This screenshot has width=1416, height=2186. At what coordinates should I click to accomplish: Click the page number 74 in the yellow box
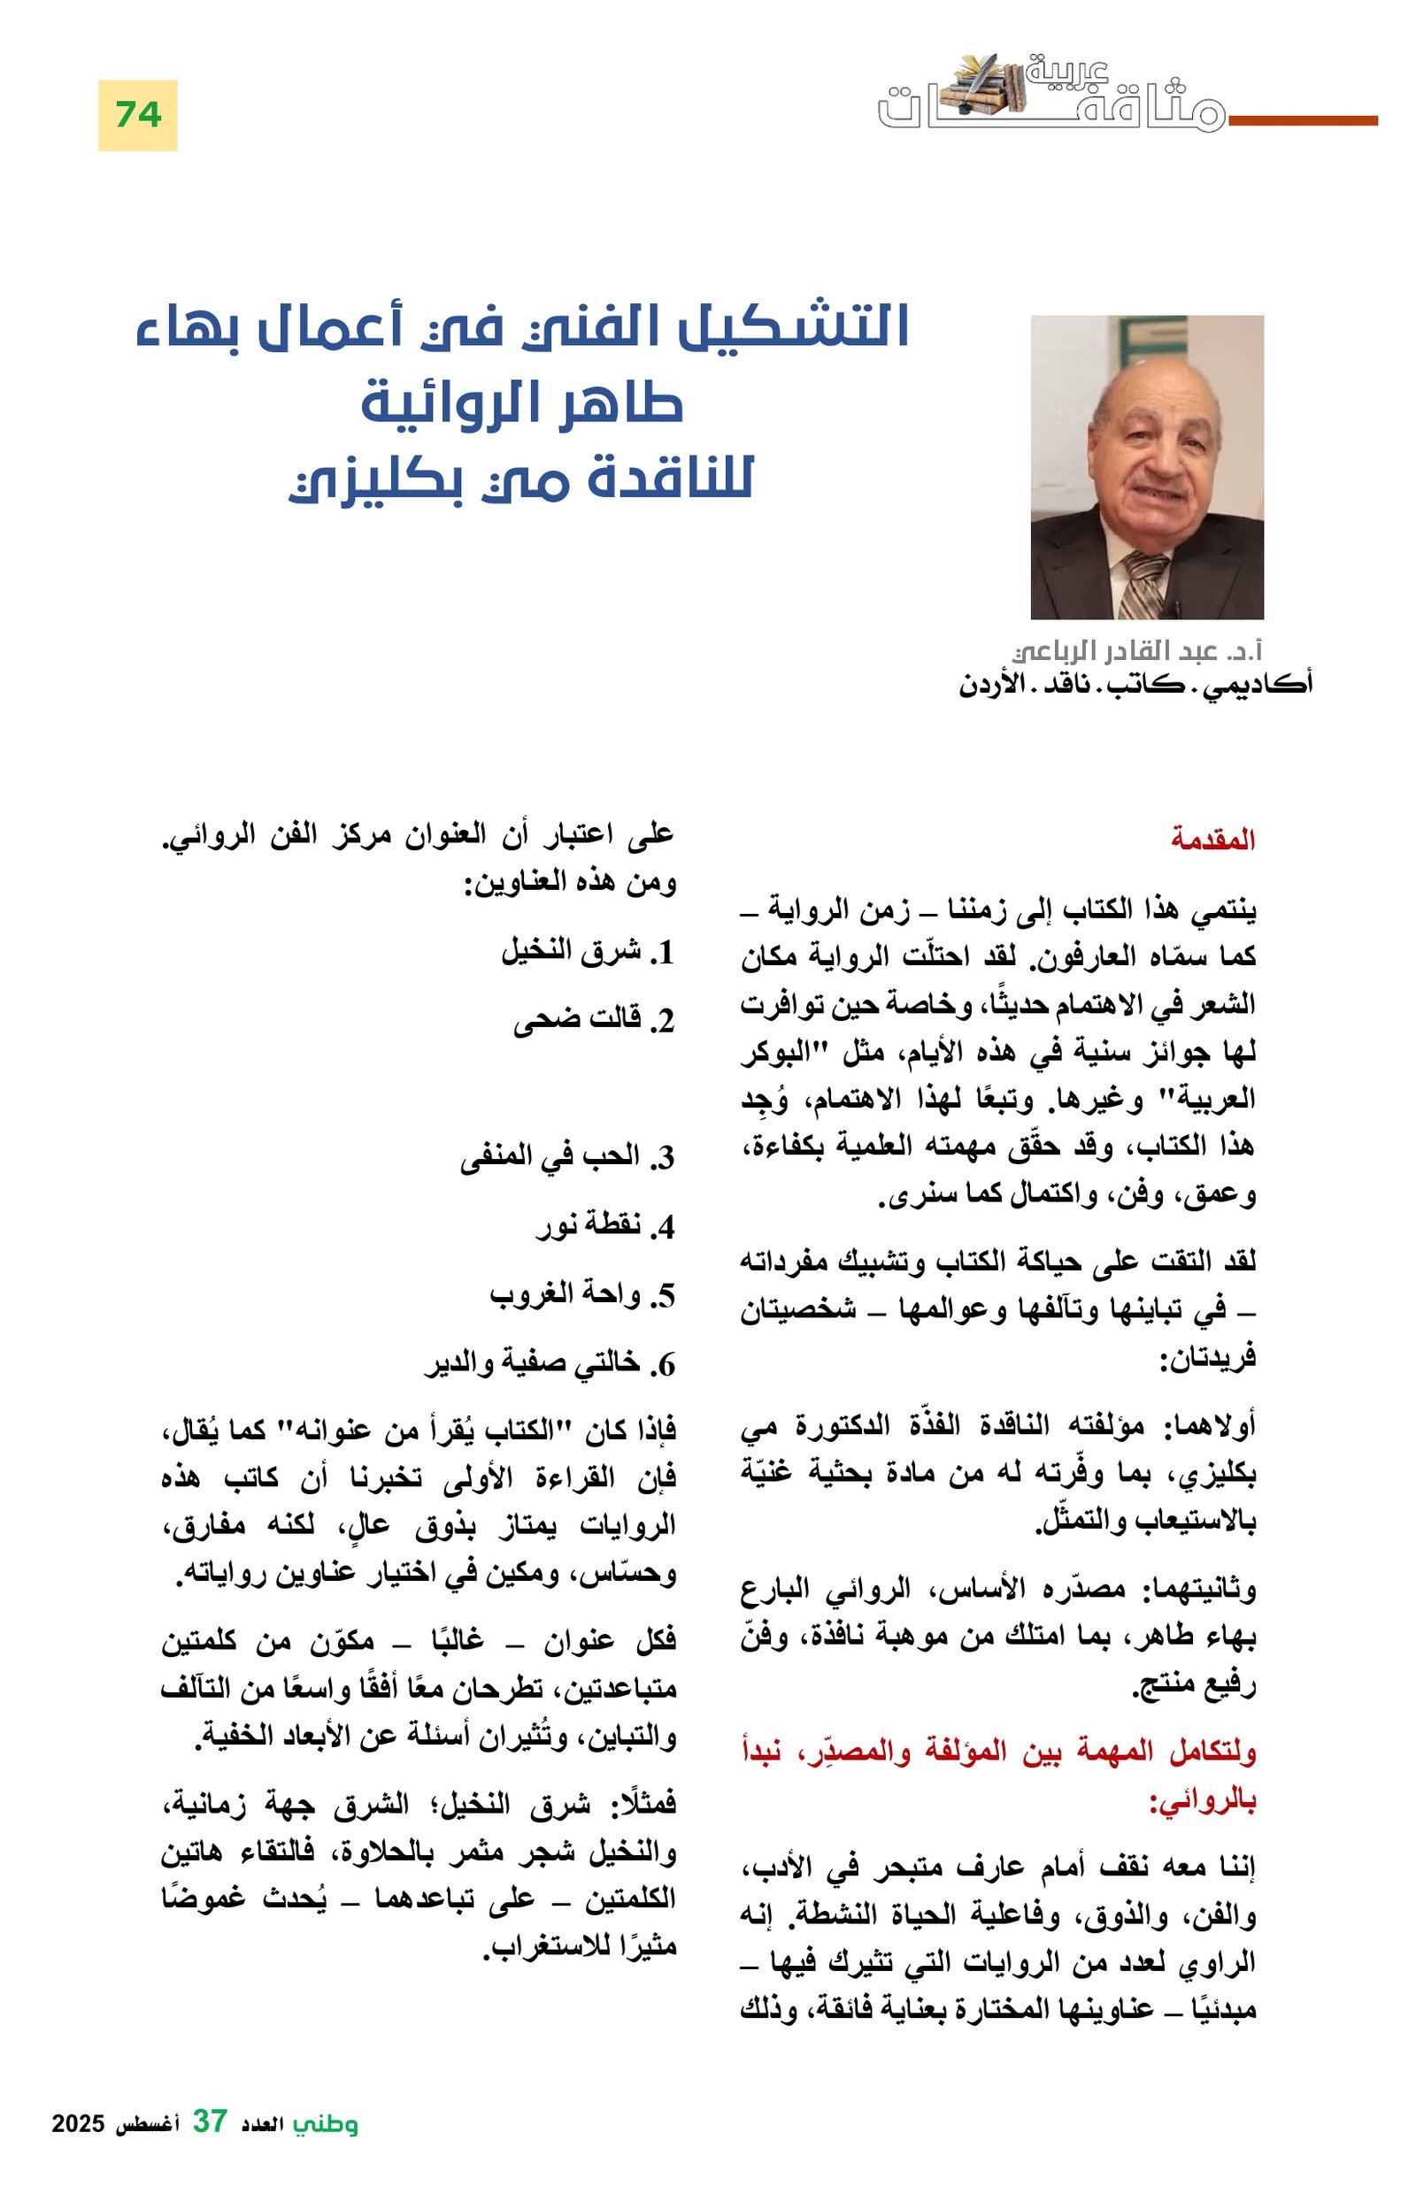point(138,115)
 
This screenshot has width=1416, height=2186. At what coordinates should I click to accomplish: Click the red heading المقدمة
point(1212,840)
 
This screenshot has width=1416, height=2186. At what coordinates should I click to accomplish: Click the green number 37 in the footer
point(210,2146)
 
